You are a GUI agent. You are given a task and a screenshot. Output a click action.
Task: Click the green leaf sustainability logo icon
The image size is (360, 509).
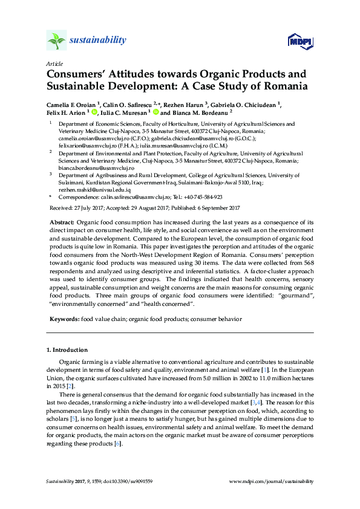coord(56,41)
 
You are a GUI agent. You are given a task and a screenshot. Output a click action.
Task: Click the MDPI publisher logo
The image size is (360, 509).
coord(300,41)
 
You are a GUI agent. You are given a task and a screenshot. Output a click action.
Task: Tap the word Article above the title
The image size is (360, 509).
coord(54,63)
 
